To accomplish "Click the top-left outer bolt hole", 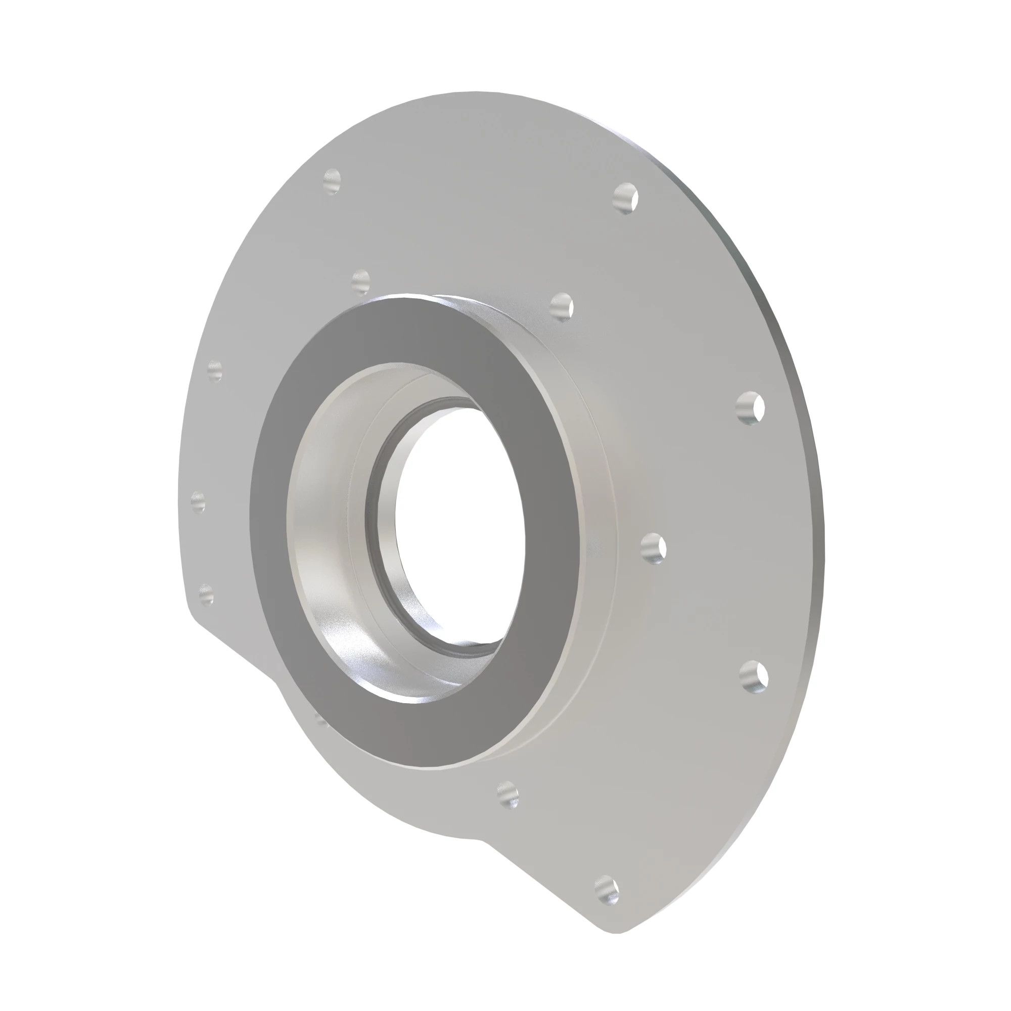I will (x=332, y=181).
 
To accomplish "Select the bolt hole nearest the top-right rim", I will (x=625, y=198).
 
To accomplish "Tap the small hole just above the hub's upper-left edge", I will (x=360, y=281).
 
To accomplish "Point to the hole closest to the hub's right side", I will (x=653, y=548).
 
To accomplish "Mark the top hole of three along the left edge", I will (x=214, y=371).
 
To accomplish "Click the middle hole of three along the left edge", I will (x=198, y=501).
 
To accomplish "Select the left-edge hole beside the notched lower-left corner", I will (x=207, y=594).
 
